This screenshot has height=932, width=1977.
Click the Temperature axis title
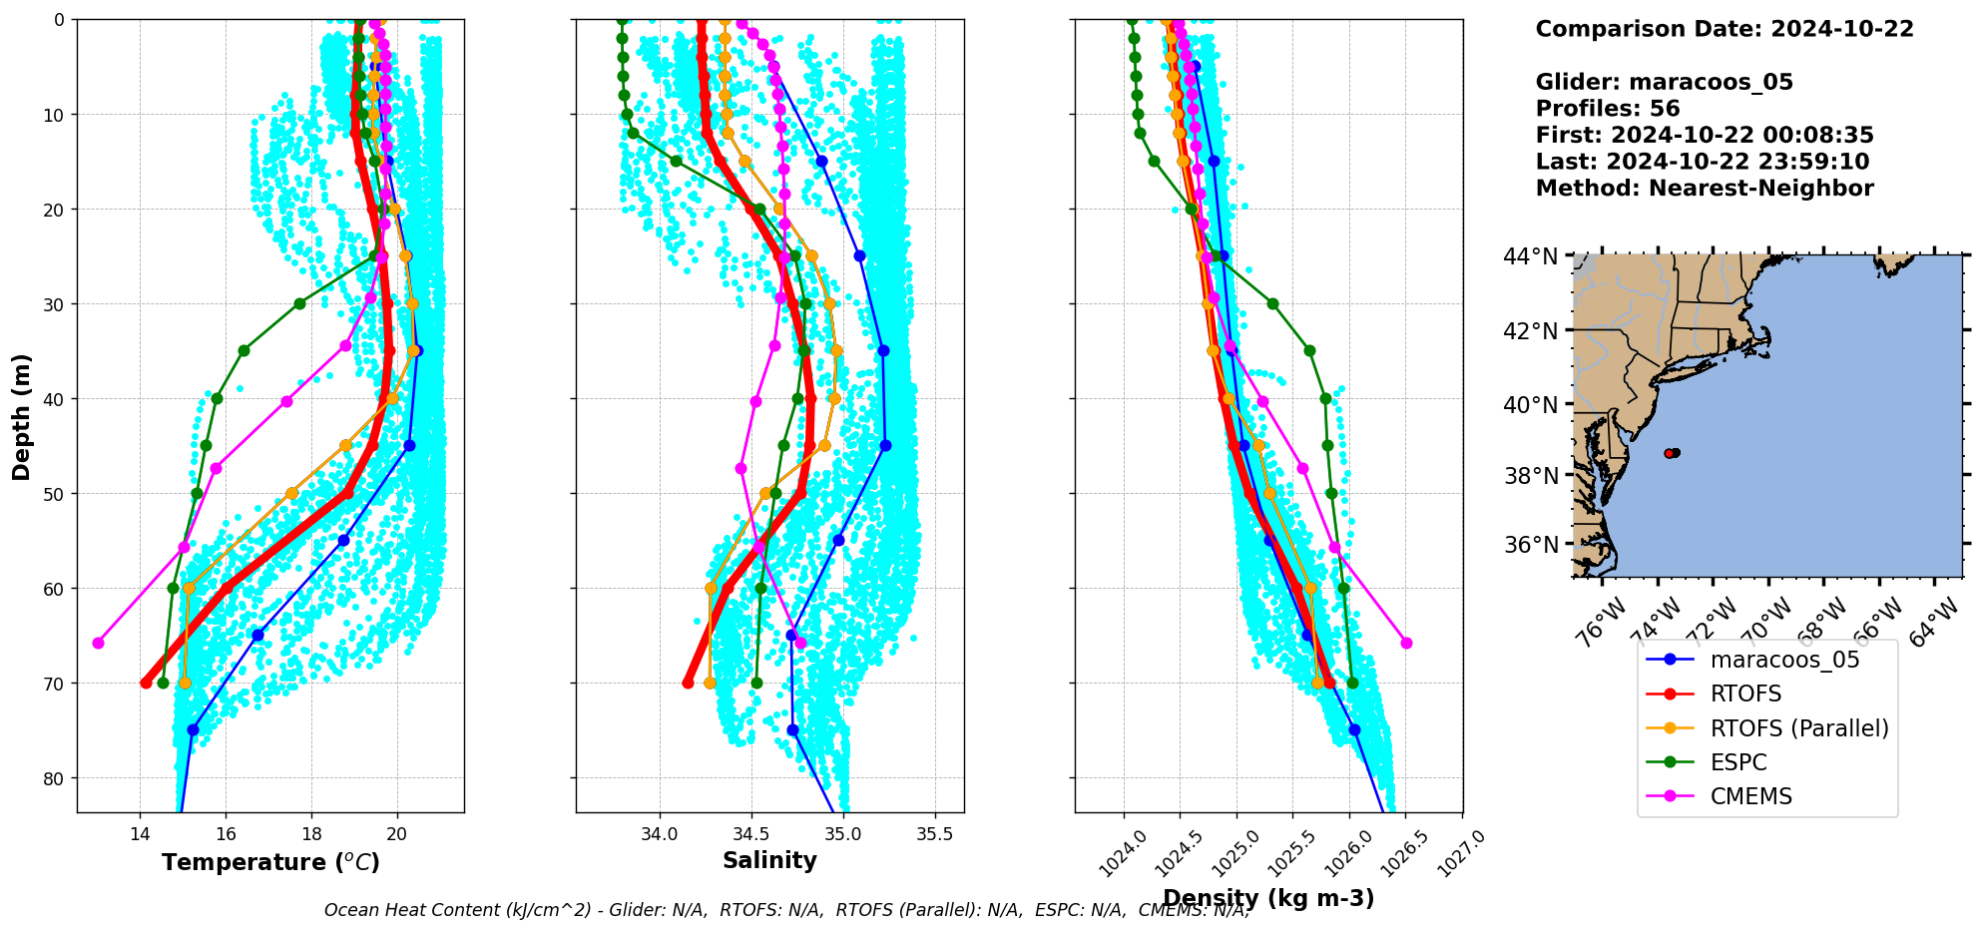270,862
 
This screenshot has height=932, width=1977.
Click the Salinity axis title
769,860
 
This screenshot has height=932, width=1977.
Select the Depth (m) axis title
22,416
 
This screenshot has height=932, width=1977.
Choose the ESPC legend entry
1737,762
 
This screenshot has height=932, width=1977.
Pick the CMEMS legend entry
1750,796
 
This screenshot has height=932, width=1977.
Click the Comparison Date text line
1724,29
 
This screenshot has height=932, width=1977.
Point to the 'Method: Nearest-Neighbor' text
1704,189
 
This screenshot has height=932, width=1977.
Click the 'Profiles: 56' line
1607,109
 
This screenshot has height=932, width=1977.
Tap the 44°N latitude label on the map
1530,257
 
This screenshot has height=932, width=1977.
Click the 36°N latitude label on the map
1530,545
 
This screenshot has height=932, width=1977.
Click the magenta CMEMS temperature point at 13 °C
98,643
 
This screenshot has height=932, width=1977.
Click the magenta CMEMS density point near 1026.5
1406,643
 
